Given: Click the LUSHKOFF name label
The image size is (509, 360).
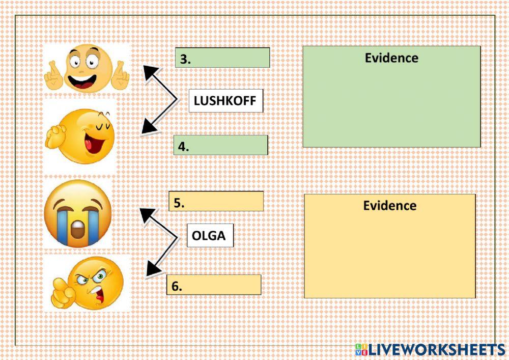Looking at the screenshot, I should click(225, 101).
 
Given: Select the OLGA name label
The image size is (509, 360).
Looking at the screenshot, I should click(210, 236).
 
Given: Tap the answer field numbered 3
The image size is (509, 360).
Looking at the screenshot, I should click(222, 58).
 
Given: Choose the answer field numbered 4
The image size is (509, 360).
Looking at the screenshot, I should click(220, 146).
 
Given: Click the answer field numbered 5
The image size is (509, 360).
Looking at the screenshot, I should click(216, 202).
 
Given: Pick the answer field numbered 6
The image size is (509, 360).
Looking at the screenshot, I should click(214, 285).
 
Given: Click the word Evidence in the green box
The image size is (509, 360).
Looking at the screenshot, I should click(391, 58).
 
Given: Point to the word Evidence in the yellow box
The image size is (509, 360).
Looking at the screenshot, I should click(389, 205).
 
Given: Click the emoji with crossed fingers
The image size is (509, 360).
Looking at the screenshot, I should click(86, 69).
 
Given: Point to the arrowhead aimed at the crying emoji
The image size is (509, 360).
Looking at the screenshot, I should click(147, 214).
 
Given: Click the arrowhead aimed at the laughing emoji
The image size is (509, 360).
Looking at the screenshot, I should click(148, 127).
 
